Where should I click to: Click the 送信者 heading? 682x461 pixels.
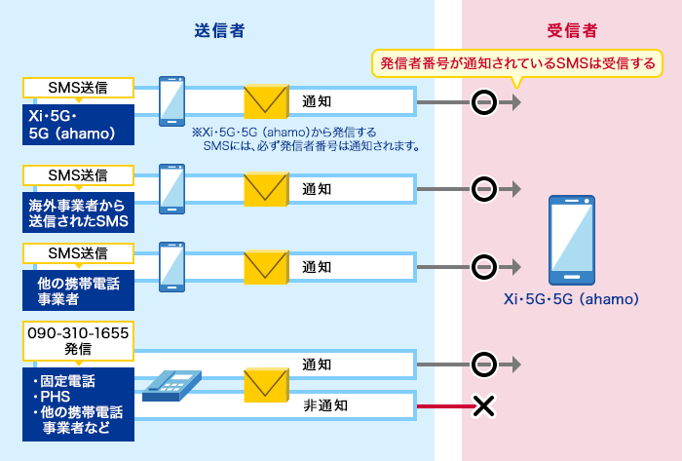tap(218, 32)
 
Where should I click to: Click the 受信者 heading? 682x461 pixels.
tap(573, 32)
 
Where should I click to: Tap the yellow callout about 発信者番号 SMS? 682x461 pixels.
tap(517, 64)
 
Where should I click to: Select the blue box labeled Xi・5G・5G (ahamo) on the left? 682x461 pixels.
tap(77, 123)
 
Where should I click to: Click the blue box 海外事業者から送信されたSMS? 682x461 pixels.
tap(77, 211)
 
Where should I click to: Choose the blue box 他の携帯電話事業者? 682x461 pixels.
tap(77, 291)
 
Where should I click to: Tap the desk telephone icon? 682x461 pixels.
tap(172, 385)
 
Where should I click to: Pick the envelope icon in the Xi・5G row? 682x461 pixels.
tap(267, 101)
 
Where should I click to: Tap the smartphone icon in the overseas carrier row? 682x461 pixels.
tap(172, 188)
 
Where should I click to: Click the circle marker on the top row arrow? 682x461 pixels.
tap(483, 101)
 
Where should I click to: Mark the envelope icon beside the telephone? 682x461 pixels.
tap(267, 386)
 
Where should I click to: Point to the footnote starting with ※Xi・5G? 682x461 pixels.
tap(306, 138)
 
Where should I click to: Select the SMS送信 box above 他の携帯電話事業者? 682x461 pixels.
tap(77, 253)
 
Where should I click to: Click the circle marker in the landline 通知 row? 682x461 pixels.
tap(483, 365)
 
